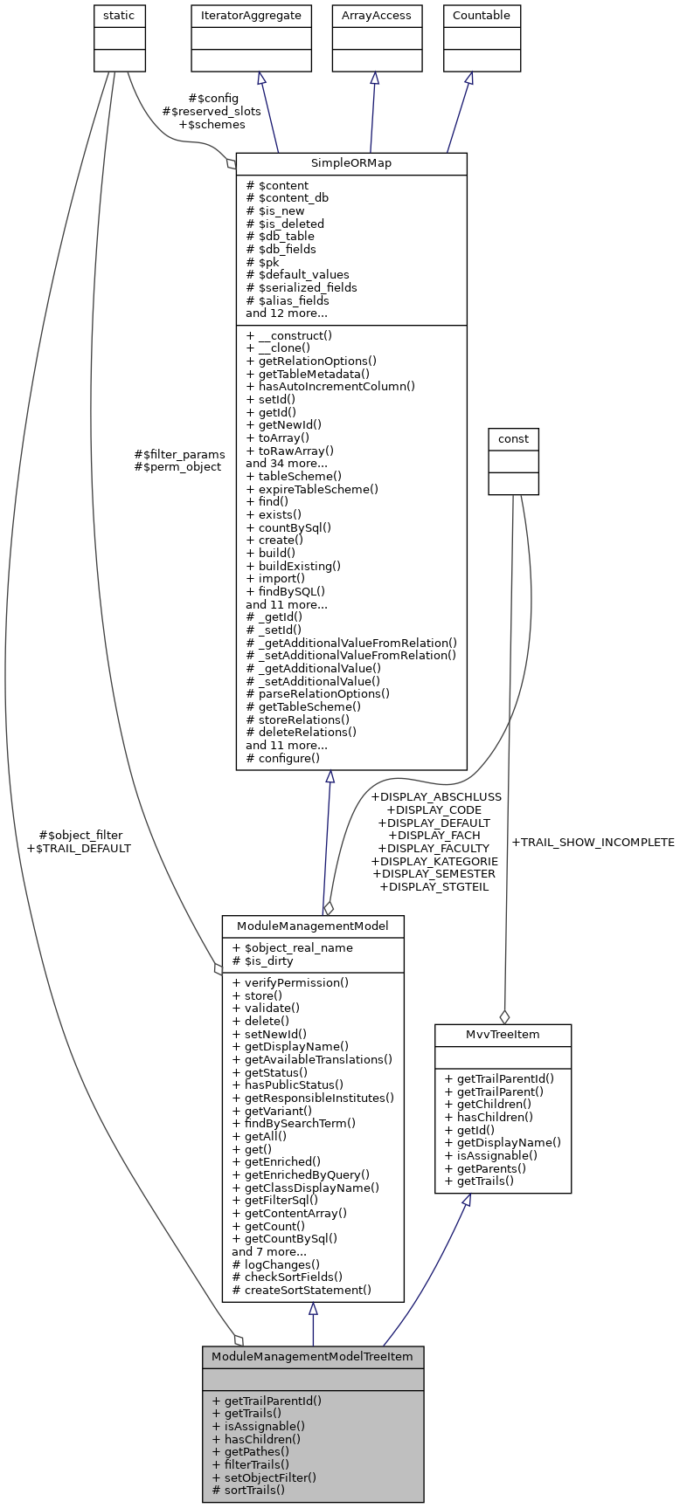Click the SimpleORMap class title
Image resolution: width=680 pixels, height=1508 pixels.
click(x=351, y=163)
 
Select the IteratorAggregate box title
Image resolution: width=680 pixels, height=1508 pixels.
click(x=251, y=16)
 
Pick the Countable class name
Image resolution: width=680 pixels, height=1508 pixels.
click(x=481, y=16)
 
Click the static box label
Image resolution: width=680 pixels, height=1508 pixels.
click(x=119, y=16)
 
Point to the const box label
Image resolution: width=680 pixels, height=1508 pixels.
click(x=513, y=438)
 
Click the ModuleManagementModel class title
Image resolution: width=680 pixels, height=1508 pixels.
click(x=313, y=925)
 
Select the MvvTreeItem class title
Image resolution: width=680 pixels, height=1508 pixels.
click(x=503, y=1035)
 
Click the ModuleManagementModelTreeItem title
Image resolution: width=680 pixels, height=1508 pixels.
click(x=313, y=1357)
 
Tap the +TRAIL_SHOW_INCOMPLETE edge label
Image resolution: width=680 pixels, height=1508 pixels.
click(x=593, y=843)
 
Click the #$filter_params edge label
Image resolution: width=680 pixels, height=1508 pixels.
click(x=179, y=454)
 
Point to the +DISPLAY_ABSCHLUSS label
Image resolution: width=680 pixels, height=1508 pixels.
click(x=436, y=797)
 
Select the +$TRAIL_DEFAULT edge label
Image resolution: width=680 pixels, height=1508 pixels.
click(x=79, y=848)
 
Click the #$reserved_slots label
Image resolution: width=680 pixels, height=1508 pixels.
click(x=212, y=111)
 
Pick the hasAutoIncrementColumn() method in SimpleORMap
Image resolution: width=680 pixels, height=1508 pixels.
click(x=330, y=386)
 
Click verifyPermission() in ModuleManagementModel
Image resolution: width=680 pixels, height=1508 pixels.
click(x=290, y=982)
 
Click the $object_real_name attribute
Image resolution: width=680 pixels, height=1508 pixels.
click(x=292, y=947)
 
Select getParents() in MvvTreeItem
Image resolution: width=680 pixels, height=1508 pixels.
click(x=485, y=1168)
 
